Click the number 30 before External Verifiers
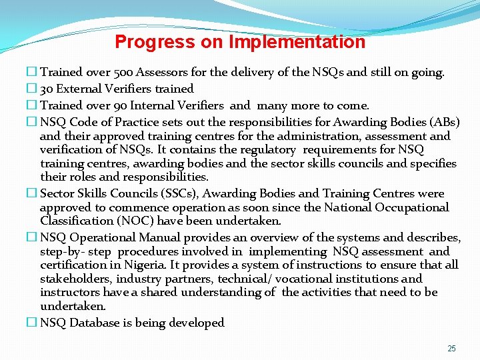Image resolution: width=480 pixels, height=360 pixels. (x=47, y=89)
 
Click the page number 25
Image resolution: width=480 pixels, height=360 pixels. (x=451, y=349)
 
